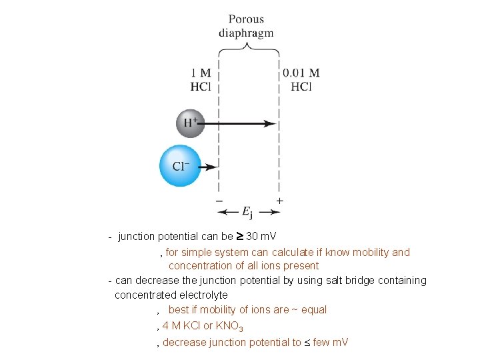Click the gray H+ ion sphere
(190, 123)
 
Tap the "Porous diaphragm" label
(246, 26)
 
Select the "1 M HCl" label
(201, 79)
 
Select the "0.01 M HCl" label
(301, 79)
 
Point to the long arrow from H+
(240, 123)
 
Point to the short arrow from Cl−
(209, 167)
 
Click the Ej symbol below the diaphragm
(247, 213)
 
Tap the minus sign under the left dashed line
(219, 200)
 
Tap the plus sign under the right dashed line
(279, 200)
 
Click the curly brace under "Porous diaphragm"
(249, 46)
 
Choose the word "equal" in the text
(314, 310)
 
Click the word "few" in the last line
(319, 343)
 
